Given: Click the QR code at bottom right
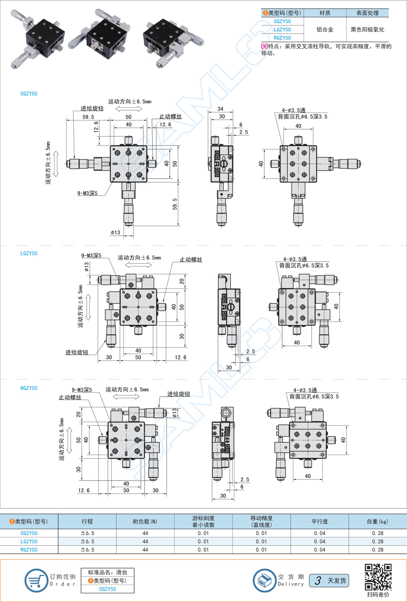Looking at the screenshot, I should tap(378, 577).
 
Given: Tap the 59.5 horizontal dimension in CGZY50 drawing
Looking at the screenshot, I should tap(88, 117).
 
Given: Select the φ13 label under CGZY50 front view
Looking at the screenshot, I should tap(115, 232).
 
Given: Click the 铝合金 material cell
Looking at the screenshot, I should tap(325, 29).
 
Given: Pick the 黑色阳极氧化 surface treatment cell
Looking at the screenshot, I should tap(367, 29).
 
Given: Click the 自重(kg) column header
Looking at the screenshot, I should tap(377, 521).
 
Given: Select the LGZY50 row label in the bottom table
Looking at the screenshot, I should tap(29, 541).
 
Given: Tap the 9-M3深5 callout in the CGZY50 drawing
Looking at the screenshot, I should tap(87, 193).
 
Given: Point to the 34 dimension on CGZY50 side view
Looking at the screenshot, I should tap(220, 109).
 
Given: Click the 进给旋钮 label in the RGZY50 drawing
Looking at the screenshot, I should tap(178, 394).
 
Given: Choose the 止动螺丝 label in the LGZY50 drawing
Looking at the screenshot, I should tap(191, 259).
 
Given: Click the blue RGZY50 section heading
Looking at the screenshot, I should tap(29, 388).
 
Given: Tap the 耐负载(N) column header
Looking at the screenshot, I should tap(145, 521).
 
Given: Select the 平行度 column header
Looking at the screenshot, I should tap(319, 521).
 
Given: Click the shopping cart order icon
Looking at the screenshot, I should tap(36, 581).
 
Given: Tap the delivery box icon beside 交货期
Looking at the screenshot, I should tap(264, 581).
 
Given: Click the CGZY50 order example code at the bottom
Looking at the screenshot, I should tap(107, 589).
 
